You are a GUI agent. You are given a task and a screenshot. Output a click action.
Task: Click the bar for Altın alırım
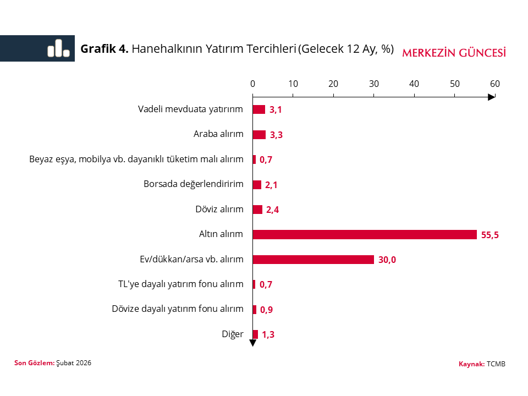coord(365,234)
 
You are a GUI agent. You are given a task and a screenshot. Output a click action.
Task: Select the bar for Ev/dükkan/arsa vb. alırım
coord(313,260)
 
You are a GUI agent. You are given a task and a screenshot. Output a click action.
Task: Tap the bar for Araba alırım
coord(259,135)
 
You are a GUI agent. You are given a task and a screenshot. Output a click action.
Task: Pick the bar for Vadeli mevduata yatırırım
coord(259,109)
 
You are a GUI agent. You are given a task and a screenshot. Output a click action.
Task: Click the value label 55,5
coord(490,235)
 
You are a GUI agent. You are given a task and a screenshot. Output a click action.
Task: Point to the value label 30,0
coord(387,260)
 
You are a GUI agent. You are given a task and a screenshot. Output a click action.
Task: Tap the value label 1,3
coord(268,334)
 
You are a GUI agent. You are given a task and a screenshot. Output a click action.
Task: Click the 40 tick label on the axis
coord(414,84)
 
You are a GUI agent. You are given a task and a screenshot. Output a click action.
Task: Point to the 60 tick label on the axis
coord(495,84)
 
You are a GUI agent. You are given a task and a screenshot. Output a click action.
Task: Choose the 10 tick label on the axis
coord(293,84)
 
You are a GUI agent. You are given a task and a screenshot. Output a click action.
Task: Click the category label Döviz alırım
coord(219,209)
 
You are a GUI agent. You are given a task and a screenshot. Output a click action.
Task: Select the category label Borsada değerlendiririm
coord(194,184)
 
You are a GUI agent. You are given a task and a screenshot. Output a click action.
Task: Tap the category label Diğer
coord(233,334)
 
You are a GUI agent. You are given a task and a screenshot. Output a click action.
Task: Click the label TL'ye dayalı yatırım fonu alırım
coord(181,284)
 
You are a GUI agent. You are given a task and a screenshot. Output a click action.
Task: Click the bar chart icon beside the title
coord(58,48)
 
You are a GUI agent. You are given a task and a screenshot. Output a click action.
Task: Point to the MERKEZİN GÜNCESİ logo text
coord(454,53)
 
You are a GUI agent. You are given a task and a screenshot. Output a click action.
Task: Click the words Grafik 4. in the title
coord(105,49)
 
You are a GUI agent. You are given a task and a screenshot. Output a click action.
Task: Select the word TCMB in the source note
coord(496,364)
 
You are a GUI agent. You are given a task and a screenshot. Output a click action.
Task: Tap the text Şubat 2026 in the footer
coord(74,363)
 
